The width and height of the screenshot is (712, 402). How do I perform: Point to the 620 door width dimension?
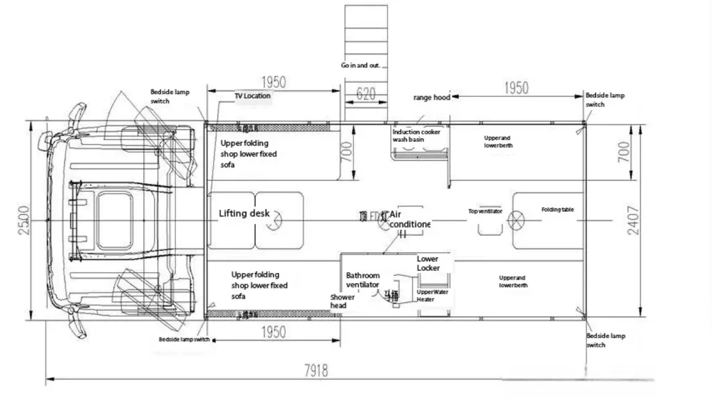[365, 94]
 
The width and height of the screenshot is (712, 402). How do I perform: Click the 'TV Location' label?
[253, 96]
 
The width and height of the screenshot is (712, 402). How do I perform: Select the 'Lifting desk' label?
[244, 214]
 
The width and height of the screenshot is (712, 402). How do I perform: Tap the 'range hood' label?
[431, 97]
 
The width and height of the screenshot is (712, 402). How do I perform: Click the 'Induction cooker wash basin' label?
[416, 136]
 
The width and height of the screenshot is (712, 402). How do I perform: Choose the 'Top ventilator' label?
[485, 211]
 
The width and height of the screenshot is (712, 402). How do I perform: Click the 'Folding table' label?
[558, 210]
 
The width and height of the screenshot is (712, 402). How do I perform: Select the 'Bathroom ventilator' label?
[363, 280]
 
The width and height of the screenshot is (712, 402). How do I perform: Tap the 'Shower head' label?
[339, 301]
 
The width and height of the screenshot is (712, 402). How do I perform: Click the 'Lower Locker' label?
[428, 264]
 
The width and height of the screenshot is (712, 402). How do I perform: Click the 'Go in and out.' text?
[361, 66]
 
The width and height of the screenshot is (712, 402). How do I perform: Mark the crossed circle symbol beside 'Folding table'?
[518, 220]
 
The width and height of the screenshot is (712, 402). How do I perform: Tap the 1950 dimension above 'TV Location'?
[273, 83]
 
